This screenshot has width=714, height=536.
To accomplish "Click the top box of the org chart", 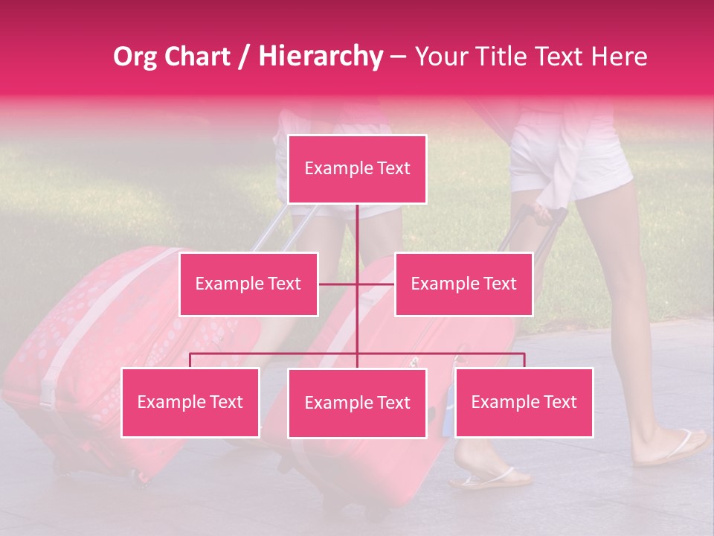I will click(357, 169).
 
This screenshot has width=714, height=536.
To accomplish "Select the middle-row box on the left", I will click(248, 284).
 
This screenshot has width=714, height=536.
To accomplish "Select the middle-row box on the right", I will click(463, 284).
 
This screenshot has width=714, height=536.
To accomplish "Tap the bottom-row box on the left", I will click(190, 403).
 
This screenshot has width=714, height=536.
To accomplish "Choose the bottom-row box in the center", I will click(357, 403).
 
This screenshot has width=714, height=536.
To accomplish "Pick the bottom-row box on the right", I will click(524, 403).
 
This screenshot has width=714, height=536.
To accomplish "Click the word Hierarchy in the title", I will click(320, 57).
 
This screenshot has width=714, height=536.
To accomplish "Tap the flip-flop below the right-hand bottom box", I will click(487, 478).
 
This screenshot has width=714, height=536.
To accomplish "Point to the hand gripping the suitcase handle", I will click(542, 215).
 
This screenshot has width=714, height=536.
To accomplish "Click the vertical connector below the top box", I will click(357, 231).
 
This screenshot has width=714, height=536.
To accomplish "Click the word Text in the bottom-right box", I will click(559, 403).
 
